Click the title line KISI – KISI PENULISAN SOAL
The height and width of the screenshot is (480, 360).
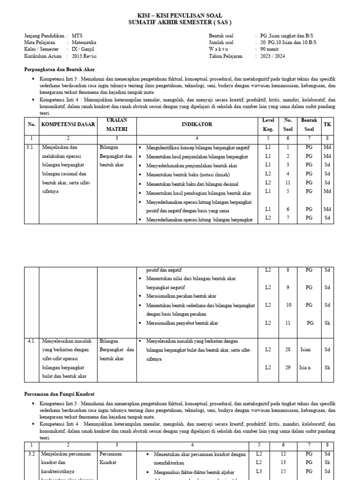click(180, 15)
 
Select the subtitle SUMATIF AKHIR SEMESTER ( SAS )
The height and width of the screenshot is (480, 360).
click(180, 22)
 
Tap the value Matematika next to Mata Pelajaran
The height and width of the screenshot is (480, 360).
click(84, 42)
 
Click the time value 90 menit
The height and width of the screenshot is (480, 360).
click(270, 49)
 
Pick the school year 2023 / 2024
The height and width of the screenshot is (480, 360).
click(272, 56)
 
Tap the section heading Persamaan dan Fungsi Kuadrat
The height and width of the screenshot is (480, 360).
click(62, 394)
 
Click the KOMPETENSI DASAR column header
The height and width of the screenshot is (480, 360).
click(68, 125)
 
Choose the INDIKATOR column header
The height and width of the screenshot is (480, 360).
click(197, 125)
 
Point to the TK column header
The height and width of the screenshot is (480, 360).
click(327, 125)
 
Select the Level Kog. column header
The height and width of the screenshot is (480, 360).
click(268, 125)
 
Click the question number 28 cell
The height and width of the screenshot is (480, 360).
click(288, 350)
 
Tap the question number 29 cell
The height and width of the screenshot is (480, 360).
click(288, 367)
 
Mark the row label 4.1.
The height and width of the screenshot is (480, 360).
click(31, 341)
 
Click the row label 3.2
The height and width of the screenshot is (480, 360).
click(31, 454)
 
